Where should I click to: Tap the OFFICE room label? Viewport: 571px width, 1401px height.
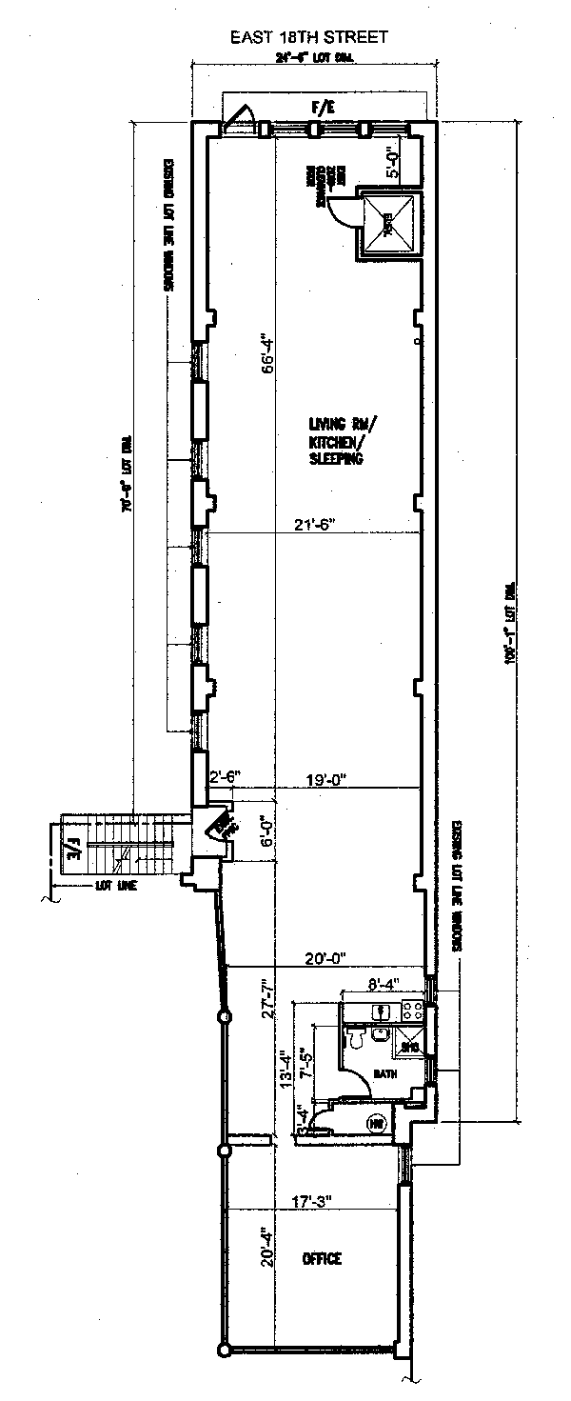point(321,1259)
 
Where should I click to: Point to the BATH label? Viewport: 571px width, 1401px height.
point(384,1073)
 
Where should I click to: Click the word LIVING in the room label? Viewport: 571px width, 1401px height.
point(326,424)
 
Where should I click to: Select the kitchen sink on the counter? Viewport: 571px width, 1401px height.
point(381,1011)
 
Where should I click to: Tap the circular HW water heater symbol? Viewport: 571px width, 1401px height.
point(376,1124)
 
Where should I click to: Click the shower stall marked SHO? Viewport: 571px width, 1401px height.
point(410,1040)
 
